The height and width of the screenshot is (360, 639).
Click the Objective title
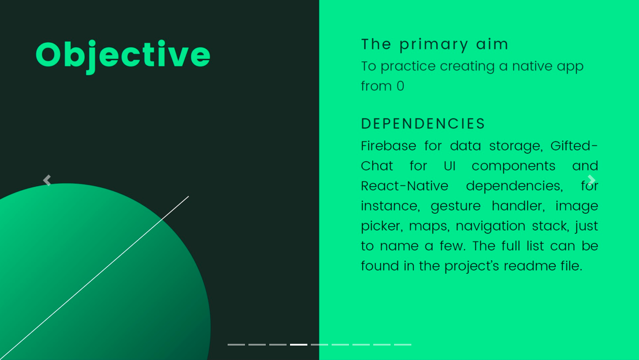click(122, 55)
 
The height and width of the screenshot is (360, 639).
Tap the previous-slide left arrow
click(47, 180)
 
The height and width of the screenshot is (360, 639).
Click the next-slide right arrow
click(592, 180)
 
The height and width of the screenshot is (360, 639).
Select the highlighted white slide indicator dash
click(299, 344)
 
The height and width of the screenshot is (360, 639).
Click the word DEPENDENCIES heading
click(423, 124)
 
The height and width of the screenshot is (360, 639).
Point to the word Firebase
click(389, 146)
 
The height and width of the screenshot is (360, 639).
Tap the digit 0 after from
click(400, 86)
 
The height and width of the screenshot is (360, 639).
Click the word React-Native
click(404, 186)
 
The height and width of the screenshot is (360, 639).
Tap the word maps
click(429, 227)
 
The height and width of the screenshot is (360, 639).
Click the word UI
click(449, 166)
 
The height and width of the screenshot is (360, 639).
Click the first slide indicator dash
click(236, 344)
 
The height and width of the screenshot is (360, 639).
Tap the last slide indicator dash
click(403, 344)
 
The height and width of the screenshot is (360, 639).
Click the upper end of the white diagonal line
click(189, 196)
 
